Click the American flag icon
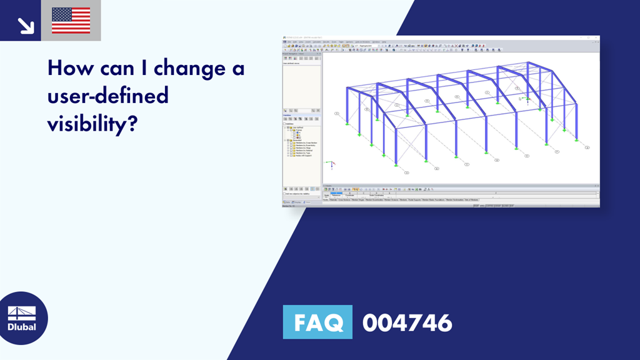point(71,21)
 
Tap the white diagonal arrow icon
point(26,24)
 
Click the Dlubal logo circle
point(22,317)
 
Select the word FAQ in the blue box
point(317,322)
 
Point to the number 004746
point(407,323)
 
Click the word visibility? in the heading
point(92,124)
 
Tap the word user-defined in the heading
point(108,96)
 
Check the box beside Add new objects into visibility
point(284,194)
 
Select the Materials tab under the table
point(333,200)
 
